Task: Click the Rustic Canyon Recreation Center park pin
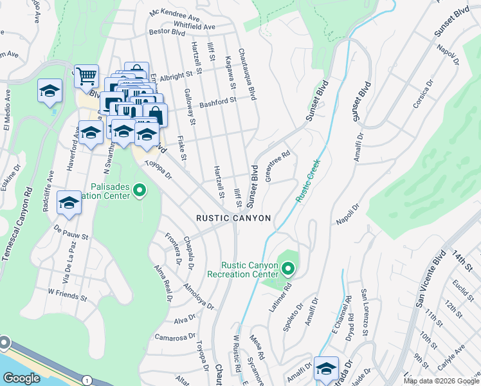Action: coord(287,268)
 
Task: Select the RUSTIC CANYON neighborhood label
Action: coord(233,218)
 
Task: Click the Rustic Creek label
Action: coord(309,183)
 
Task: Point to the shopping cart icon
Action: coord(86,76)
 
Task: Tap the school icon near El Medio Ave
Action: coord(49,91)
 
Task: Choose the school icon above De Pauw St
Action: coord(69,203)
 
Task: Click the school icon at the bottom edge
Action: coord(326,368)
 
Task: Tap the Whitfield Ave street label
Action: coord(194,23)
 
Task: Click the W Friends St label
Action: coord(67,295)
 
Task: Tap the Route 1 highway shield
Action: coord(86,381)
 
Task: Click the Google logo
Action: coord(21,378)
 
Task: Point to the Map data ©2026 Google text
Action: coord(440,381)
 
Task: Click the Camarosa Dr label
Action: coord(175,336)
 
